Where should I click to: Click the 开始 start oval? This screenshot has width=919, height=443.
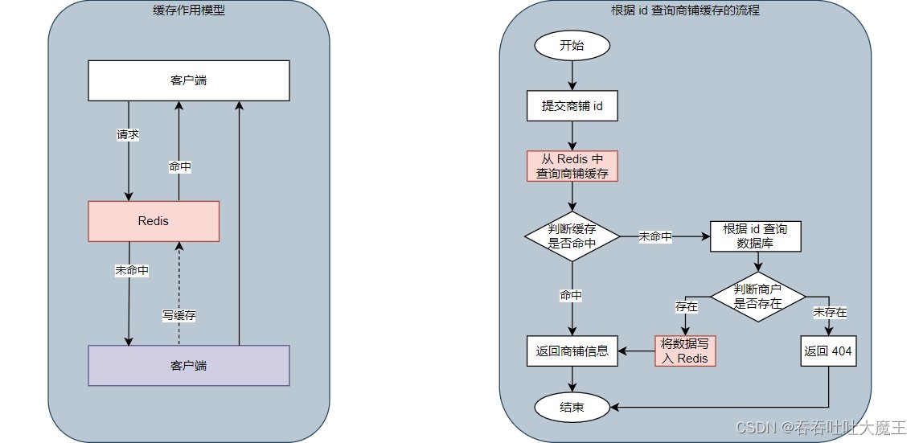click(x=572, y=45)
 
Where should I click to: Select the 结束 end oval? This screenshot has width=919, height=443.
click(x=572, y=408)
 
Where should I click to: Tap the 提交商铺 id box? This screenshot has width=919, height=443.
click(x=572, y=105)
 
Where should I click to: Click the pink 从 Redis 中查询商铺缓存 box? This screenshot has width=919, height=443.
click(x=572, y=166)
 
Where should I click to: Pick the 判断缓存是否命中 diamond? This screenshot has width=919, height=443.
click(x=572, y=236)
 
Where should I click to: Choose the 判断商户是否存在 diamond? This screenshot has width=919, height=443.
click(x=757, y=296)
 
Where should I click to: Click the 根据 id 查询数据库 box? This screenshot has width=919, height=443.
click(x=755, y=236)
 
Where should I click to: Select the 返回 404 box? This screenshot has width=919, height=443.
click(x=828, y=351)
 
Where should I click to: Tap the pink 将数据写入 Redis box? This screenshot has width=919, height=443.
click(x=685, y=351)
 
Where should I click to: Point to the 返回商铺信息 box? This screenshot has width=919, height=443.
click(x=572, y=351)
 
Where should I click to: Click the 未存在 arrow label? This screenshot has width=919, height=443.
click(x=830, y=312)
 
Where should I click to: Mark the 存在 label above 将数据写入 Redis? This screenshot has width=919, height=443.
click(x=686, y=306)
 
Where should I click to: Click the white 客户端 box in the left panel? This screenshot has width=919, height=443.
click(x=188, y=81)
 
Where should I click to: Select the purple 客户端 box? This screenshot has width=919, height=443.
click(x=188, y=366)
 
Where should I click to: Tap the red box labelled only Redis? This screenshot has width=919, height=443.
click(x=154, y=221)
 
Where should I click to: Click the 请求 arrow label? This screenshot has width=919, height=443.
click(x=128, y=135)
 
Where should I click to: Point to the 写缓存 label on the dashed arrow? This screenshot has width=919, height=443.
click(x=178, y=315)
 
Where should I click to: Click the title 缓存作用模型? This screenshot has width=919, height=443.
click(x=189, y=11)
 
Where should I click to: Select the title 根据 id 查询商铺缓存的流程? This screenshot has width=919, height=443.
click(x=685, y=11)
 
